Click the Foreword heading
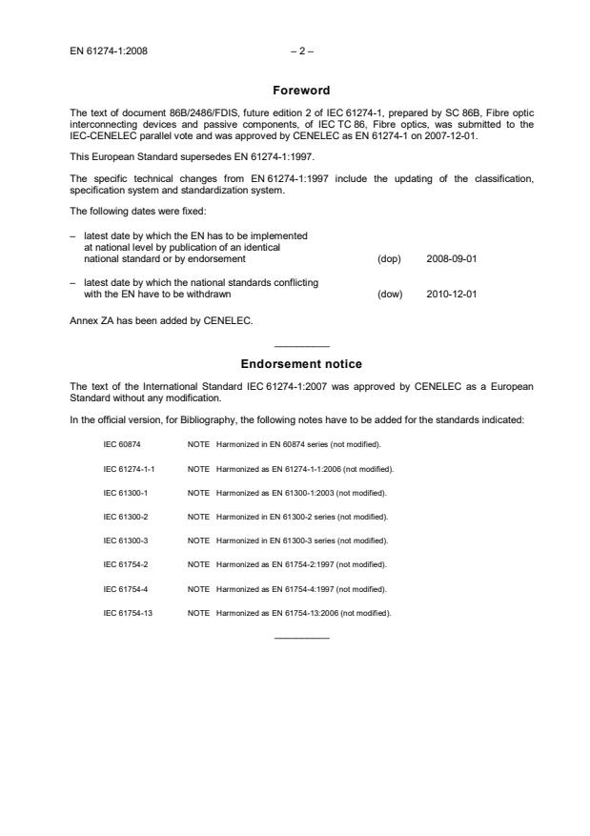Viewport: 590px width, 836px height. point(301,91)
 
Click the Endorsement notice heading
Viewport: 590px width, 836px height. point(301,363)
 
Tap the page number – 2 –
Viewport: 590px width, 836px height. point(295,51)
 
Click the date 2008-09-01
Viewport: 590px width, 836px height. point(452,258)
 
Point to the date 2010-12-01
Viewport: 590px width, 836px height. point(452,294)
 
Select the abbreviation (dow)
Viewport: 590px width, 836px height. point(390,294)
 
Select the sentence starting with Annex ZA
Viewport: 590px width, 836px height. point(161,320)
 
